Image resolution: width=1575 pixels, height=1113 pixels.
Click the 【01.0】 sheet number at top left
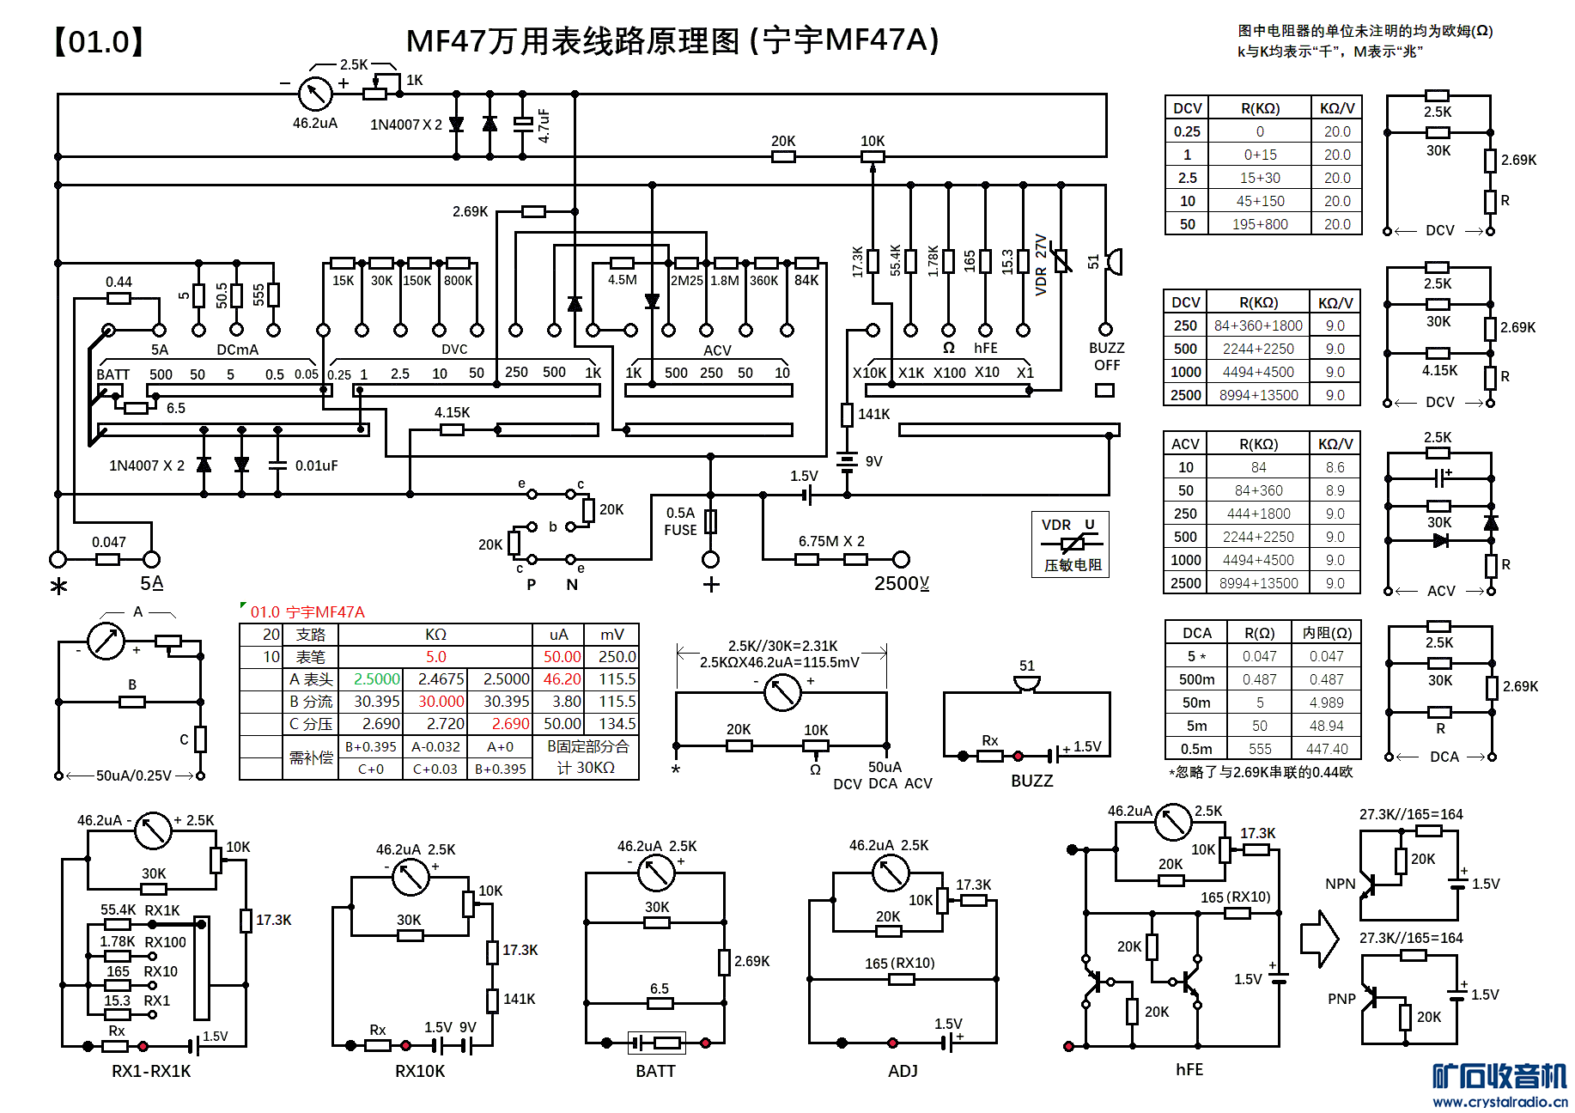[x=99, y=41]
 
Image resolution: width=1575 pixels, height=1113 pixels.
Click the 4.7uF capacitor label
[x=544, y=125]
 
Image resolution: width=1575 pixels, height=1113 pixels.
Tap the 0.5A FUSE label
[x=680, y=521]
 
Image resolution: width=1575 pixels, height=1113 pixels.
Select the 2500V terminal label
[x=901, y=584]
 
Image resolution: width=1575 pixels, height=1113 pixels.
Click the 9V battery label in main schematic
[x=874, y=461]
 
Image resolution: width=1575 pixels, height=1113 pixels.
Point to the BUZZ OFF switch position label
[x=1106, y=356]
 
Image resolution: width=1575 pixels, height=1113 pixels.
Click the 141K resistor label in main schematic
[x=873, y=414]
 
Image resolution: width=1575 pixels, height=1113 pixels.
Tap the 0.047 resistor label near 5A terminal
[x=109, y=542]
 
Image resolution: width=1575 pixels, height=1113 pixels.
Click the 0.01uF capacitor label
[x=316, y=465]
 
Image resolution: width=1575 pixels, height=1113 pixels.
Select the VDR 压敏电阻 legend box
[x=1070, y=544]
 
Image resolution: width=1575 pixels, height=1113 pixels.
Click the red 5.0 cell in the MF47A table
[x=435, y=657]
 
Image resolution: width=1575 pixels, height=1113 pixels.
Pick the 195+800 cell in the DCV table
[x=1260, y=224]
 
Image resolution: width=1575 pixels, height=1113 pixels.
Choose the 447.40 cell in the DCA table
[x=1327, y=749]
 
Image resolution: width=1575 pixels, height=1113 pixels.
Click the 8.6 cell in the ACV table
[x=1335, y=467]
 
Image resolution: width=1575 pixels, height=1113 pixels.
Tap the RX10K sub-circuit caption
[x=420, y=1071]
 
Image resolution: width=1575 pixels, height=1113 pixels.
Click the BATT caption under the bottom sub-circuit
[x=655, y=1071]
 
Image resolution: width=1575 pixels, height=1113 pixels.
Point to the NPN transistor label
[x=1340, y=884]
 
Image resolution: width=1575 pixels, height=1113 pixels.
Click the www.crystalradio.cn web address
[x=1499, y=1102]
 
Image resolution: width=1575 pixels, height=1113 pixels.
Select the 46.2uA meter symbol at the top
[x=315, y=94]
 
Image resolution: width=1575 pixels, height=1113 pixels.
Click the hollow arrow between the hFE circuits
[x=1319, y=939]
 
